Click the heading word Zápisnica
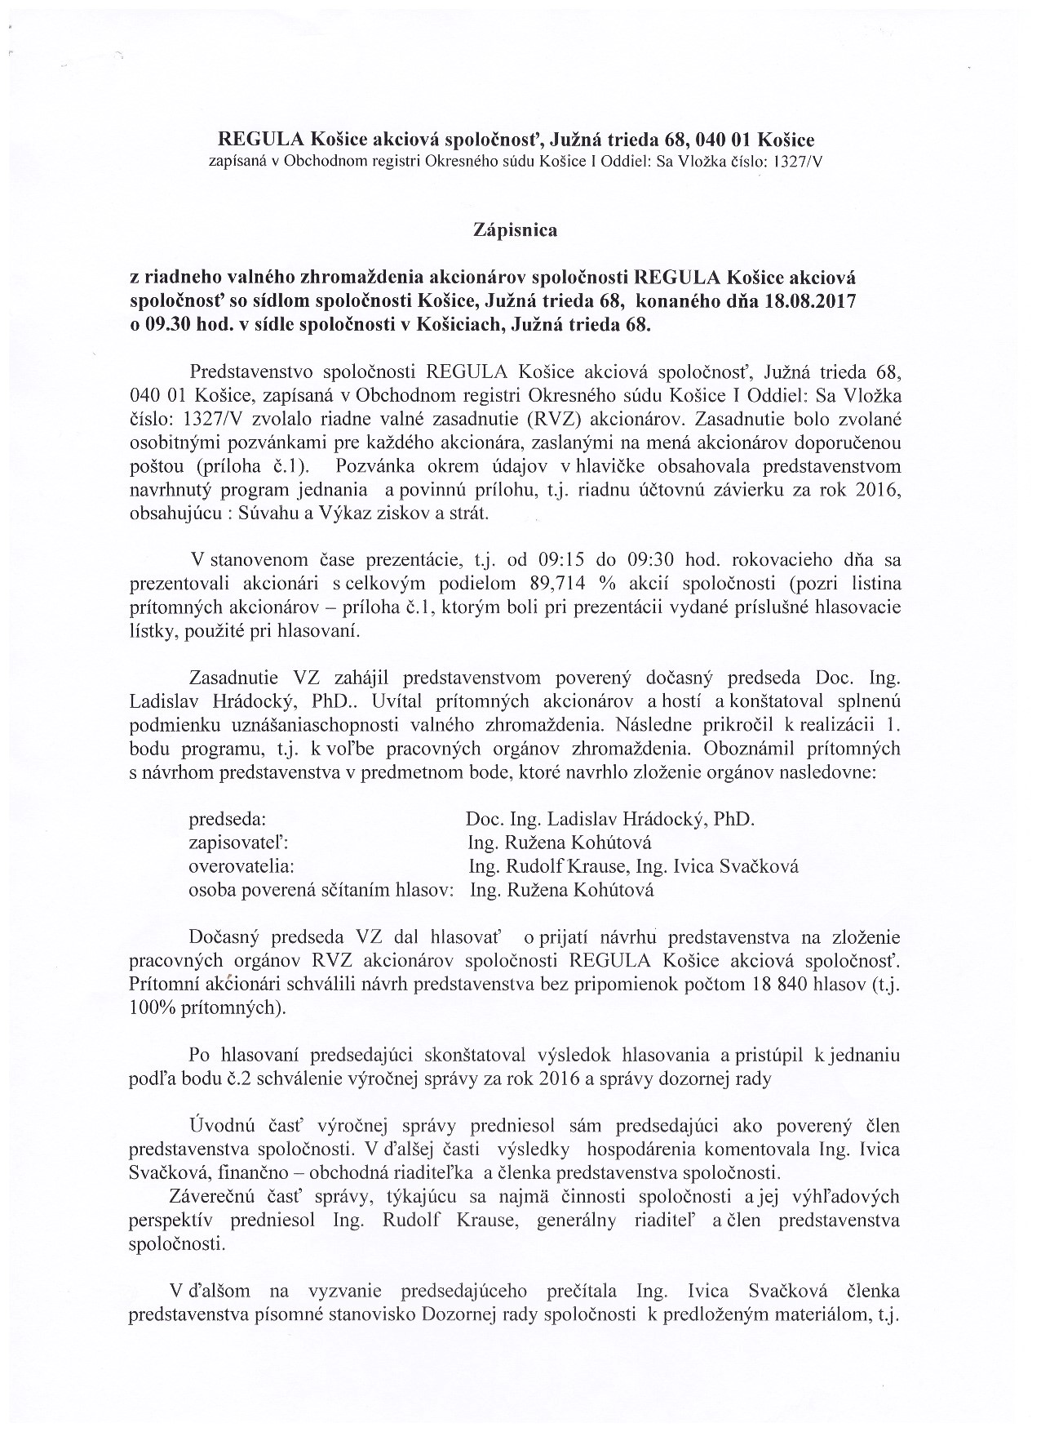tap(515, 231)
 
